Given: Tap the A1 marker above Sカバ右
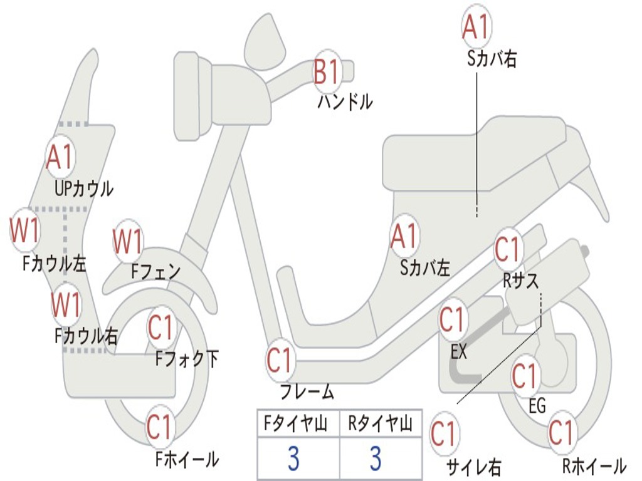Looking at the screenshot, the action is pos(475,26).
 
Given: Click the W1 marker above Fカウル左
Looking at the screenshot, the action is pos(25,230).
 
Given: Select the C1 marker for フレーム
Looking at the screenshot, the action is pos(280,360).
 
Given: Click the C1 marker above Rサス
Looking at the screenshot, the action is pos(508,249).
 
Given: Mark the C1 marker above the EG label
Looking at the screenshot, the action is pos(525,376).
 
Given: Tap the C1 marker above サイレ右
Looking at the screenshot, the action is pos(443,433).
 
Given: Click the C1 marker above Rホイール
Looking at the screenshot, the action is pos(561,433).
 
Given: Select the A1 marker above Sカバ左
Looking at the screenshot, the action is pos(404,235).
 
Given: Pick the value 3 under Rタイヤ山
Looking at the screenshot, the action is pos(375,458).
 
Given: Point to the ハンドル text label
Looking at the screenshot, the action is pos(345,101).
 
